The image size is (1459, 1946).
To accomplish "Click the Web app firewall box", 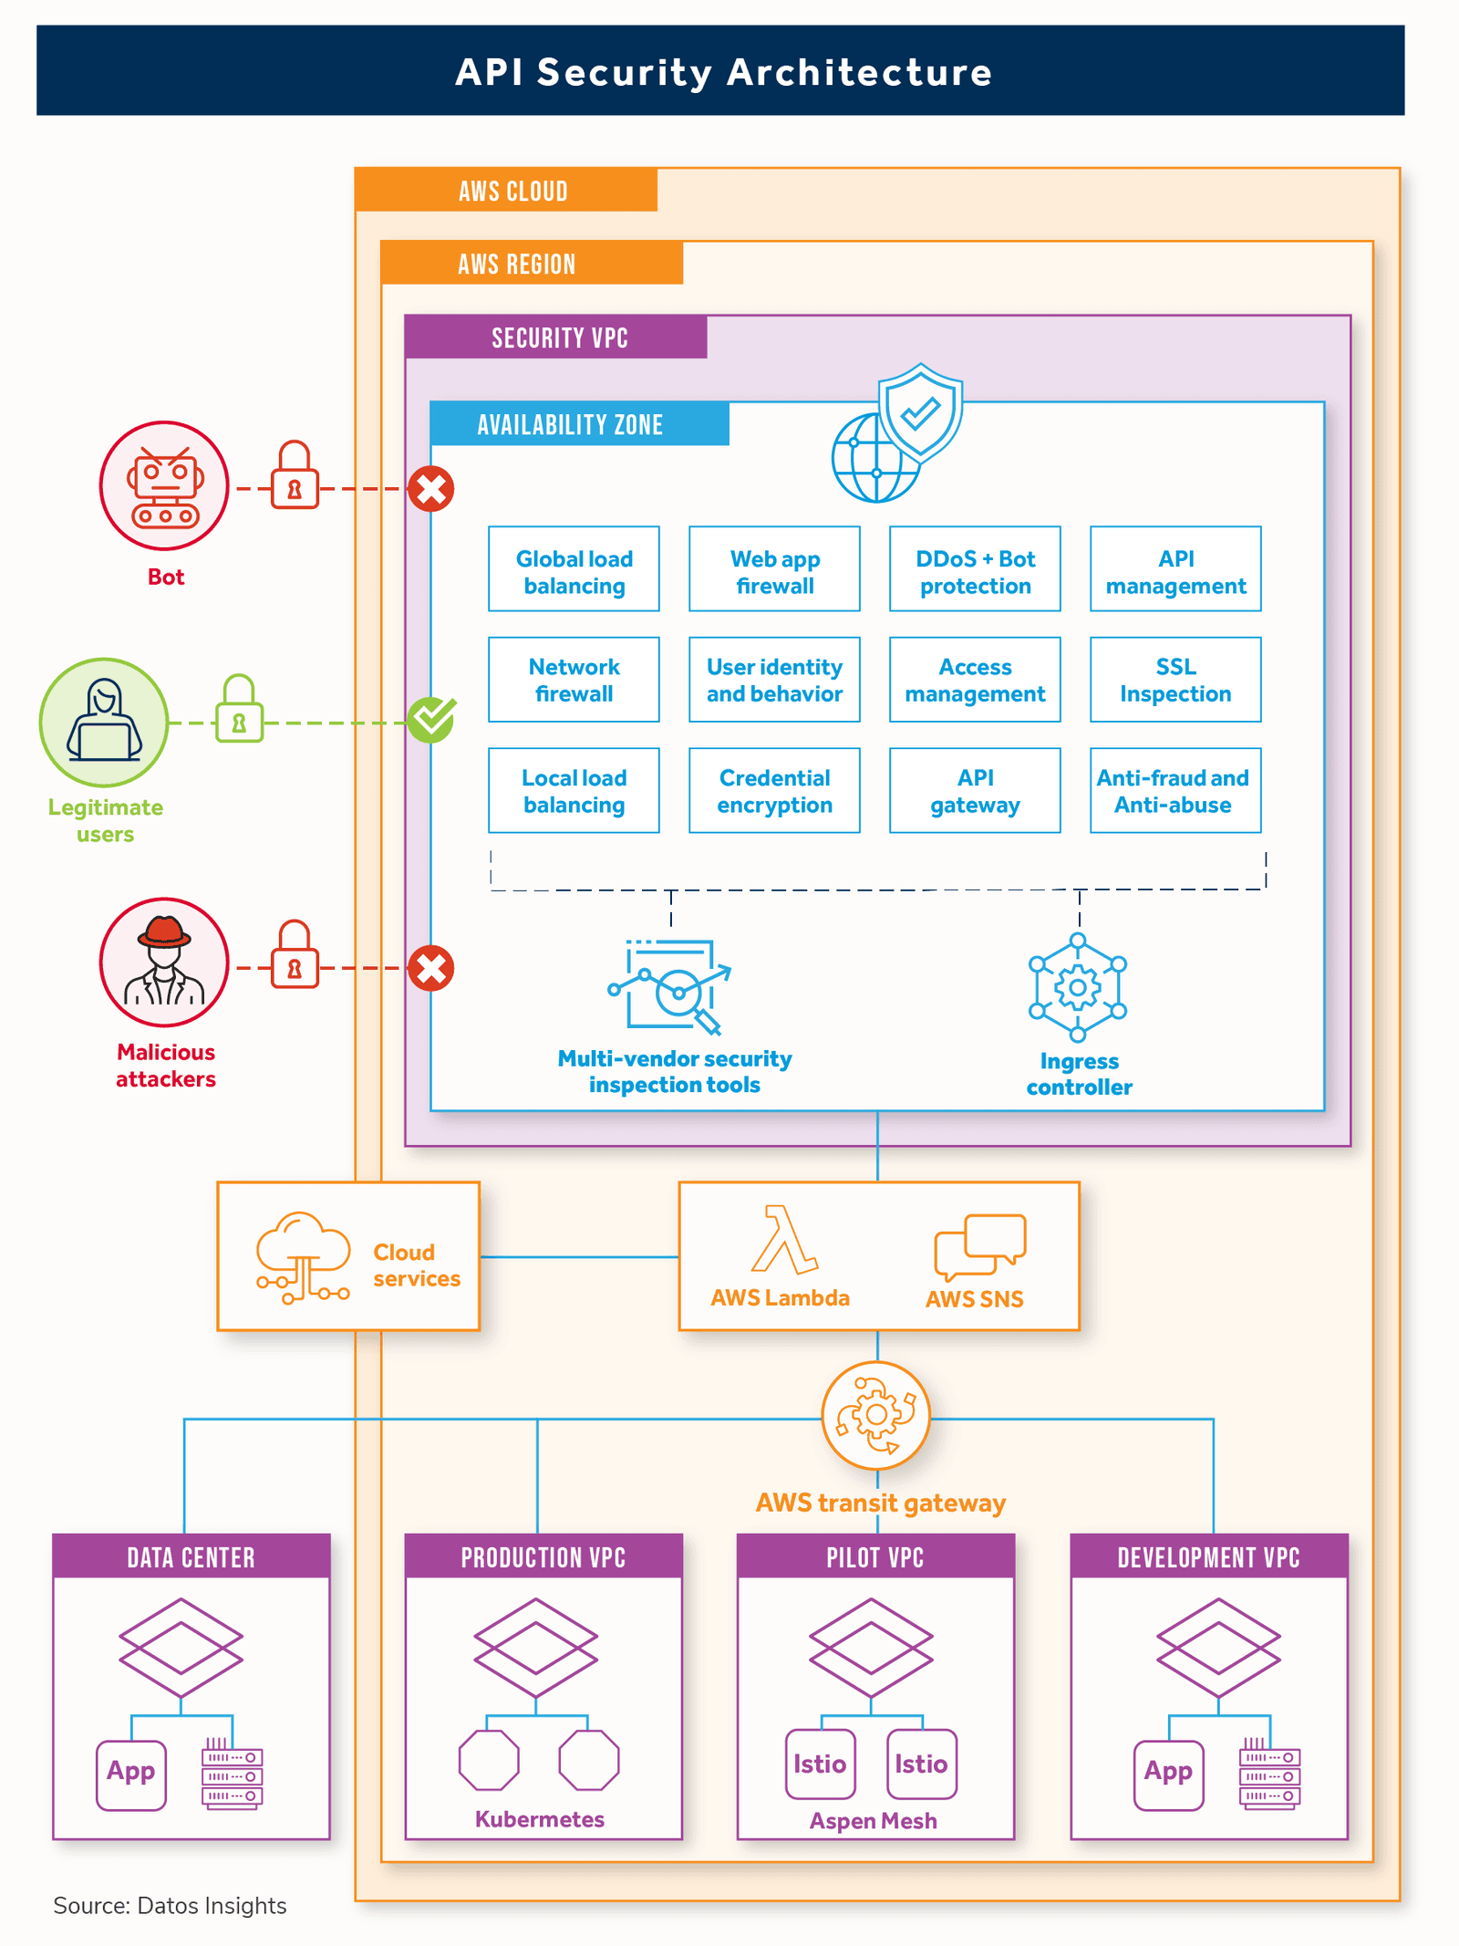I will coord(774,568).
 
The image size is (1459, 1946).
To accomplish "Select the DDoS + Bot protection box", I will coord(975,568).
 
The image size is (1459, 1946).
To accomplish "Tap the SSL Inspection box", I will coord(1175,680).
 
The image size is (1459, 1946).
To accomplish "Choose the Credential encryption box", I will coord(774,790).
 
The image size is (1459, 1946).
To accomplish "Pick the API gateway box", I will coord(975,790).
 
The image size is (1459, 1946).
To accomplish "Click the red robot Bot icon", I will coord(164,485).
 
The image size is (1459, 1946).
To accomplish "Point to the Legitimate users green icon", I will coord(104,723).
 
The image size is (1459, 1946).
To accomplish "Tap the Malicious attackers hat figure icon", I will coord(164,962).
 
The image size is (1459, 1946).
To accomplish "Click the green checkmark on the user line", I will coord(431,720).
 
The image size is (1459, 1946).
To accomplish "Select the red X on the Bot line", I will coord(431,489).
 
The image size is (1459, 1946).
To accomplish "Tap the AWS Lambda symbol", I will coord(782,1241).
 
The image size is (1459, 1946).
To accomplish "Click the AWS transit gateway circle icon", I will coord(876,1415).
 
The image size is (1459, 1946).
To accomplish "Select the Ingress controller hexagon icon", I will coord(1078,987).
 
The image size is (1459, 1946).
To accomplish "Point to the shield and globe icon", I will coord(898,433).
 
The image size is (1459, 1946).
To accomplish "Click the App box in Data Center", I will coord(131,1774).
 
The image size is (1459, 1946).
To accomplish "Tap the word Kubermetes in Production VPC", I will coord(540,1819).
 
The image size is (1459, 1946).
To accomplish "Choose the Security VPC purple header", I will coord(556,338).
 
